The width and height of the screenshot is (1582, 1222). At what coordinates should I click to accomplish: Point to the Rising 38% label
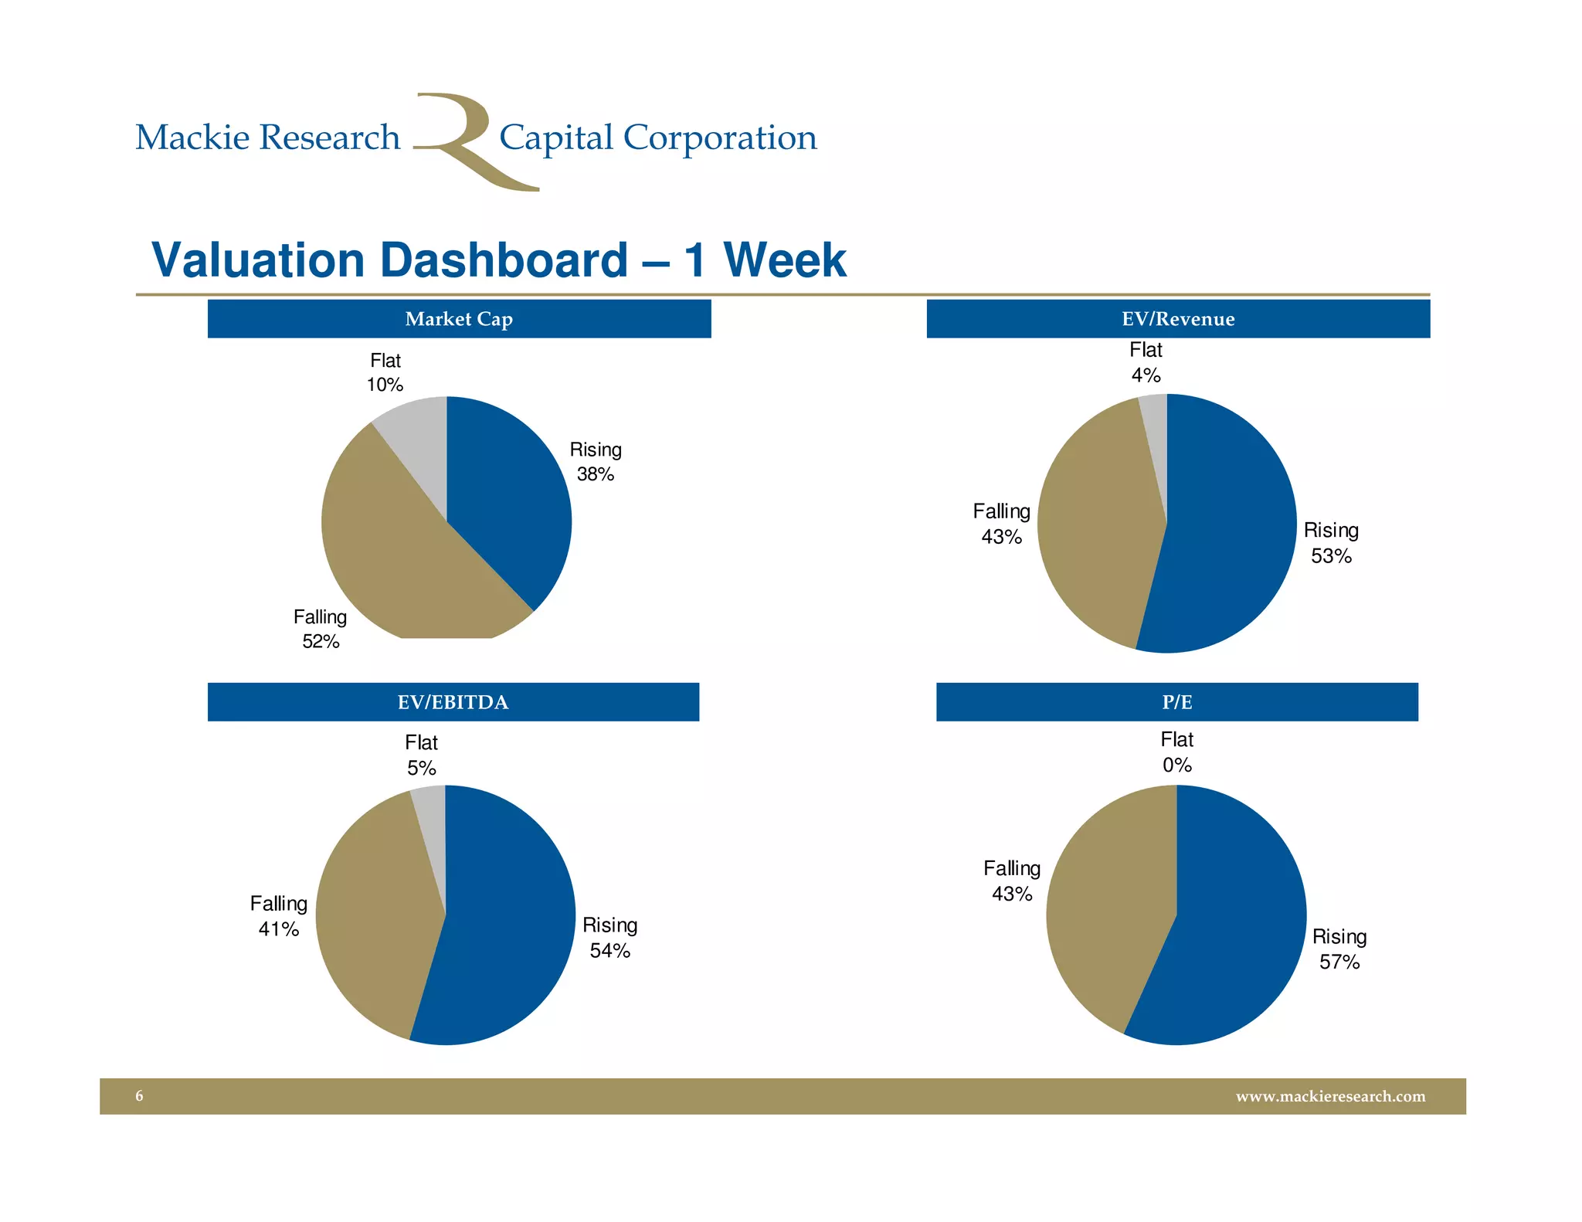tap(596, 462)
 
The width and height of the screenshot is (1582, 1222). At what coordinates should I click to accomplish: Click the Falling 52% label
tap(320, 629)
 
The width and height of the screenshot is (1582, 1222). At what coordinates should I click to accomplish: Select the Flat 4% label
tap(1146, 362)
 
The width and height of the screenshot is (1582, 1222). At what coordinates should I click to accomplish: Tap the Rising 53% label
tap(1331, 543)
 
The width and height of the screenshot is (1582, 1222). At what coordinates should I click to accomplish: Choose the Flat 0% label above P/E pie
tap(1176, 752)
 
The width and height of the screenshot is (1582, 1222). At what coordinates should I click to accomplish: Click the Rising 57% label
tap(1339, 949)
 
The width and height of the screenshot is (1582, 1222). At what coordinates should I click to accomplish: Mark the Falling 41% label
tap(278, 916)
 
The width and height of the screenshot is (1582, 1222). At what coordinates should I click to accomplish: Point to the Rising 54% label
tap(609, 938)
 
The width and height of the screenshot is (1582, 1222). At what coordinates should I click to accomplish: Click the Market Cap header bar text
tap(459, 319)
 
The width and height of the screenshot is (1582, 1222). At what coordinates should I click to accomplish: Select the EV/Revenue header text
tap(1178, 319)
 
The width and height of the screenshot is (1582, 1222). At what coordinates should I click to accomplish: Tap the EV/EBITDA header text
tap(453, 702)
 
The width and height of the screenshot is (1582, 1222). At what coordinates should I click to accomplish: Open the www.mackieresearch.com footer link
tap(1330, 1096)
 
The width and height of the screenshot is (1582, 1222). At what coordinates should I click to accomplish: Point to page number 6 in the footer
tap(139, 1096)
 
